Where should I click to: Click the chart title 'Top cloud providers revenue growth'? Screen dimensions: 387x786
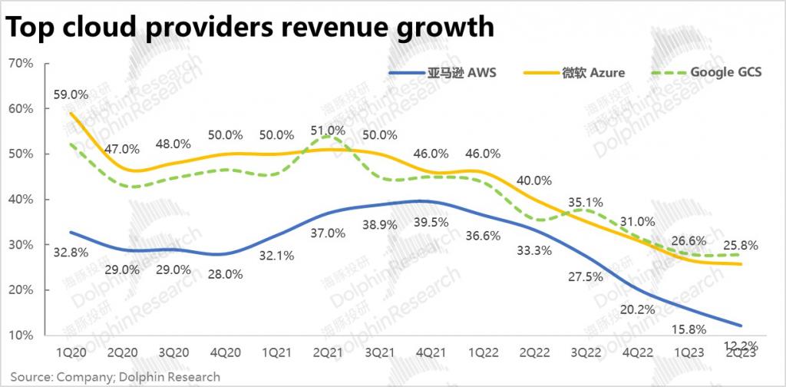click(250, 28)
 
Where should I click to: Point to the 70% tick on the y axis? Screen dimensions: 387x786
click(21, 64)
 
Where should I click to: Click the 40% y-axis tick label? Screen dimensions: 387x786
click(21, 200)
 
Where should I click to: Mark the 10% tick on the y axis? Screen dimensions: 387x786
click(21, 336)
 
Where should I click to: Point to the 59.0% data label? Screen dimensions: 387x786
click(71, 95)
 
